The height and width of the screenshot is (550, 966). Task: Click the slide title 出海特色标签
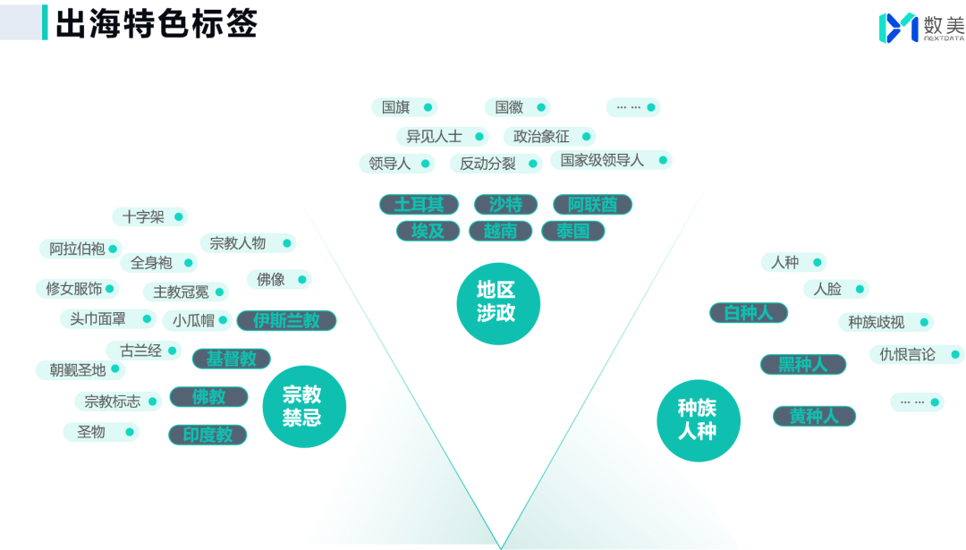[x=156, y=24]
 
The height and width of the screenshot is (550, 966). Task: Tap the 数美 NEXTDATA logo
[x=920, y=28]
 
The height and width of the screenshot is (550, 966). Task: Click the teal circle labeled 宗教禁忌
[x=303, y=406]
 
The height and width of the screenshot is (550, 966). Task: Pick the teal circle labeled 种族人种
[x=698, y=419]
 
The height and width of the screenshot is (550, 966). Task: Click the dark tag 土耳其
[x=419, y=205]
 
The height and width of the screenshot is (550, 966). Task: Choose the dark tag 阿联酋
[x=592, y=205]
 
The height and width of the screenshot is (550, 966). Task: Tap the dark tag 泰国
[x=572, y=232]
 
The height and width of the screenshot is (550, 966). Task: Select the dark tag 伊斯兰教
[x=286, y=320]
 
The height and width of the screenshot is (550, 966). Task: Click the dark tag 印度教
[x=208, y=435]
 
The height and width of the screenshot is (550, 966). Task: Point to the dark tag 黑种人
[x=801, y=365]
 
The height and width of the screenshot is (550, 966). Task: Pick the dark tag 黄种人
[x=814, y=416]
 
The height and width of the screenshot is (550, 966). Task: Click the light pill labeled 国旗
[x=403, y=107]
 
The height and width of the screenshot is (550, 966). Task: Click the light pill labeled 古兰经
[x=143, y=351]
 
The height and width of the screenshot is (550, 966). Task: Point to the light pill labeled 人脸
[x=835, y=289]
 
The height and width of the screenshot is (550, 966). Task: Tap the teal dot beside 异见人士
[x=479, y=137]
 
